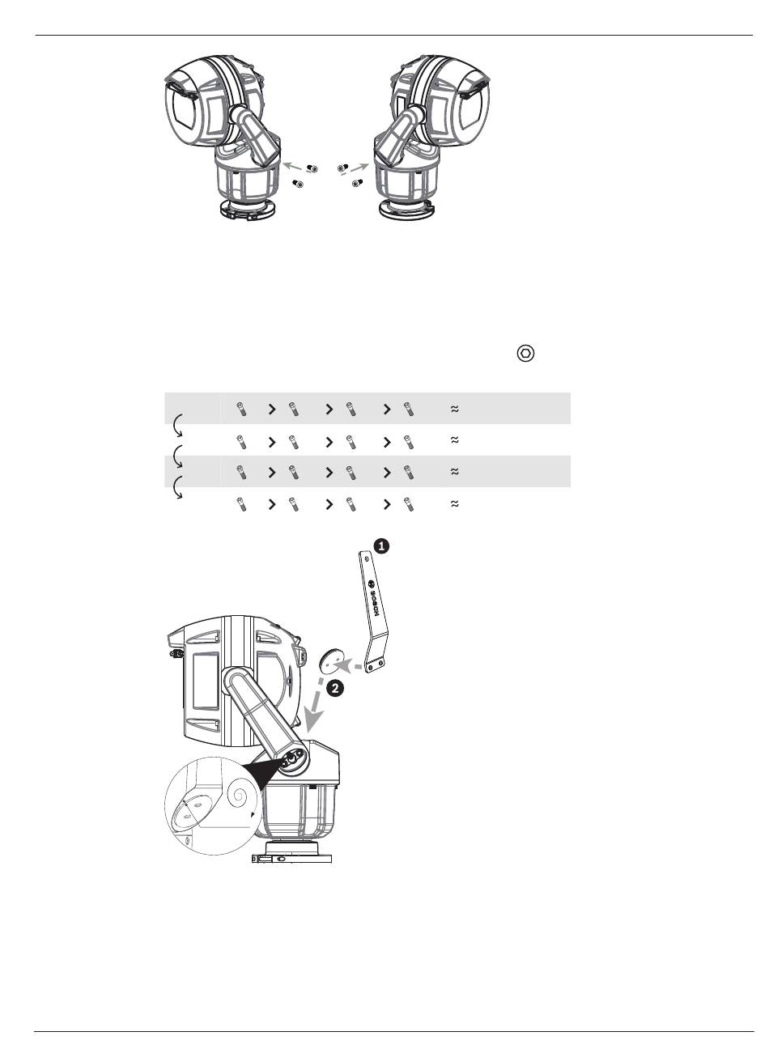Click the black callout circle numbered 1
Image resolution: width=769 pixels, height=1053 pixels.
click(381, 546)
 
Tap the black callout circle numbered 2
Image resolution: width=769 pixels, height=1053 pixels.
click(334, 689)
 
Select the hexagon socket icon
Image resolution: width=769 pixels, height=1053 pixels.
click(526, 354)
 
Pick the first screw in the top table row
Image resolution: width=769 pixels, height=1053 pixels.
click(241, 409)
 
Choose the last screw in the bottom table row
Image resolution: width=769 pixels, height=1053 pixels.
click(409, 504)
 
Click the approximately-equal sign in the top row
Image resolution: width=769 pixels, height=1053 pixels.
click(454, 409)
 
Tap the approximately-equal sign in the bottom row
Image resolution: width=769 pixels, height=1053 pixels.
click(454, 504)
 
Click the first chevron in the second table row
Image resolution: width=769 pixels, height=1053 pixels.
click(272, 442)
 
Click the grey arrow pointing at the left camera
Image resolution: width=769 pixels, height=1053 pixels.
click(293, 165)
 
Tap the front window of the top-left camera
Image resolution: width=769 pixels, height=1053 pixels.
click(182, 112)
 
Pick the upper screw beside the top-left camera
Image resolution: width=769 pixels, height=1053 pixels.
click(312, 168)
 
